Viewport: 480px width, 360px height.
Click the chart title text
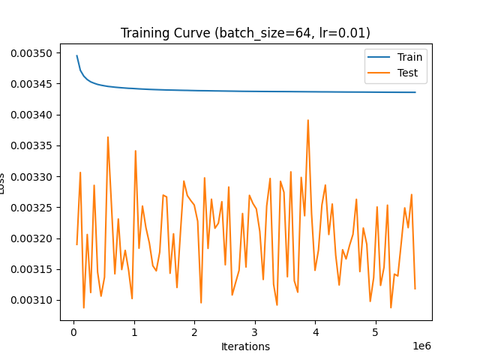pyautogui.click(x=245, y=33)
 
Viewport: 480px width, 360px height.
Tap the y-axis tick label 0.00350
pyautogui.click(x=32, y=53)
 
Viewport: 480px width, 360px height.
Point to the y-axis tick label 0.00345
pyautogui.click(x=32, y=84)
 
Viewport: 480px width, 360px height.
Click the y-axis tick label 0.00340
pyautogui.click(x=32, y=115)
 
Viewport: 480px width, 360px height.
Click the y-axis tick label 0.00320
pyautogui.click(x=32, y=238)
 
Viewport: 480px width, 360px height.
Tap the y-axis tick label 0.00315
pyautogui.click(x=32, y=269)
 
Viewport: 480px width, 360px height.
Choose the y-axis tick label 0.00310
pyautogui.click(x=32, y=300)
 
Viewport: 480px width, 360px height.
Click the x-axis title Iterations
pyautogui.click(x=245, y=346)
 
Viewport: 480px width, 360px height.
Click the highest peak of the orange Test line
pyautogui.click(x=307, y=120)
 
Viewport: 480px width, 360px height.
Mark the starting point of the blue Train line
pyautogui.click(x=76, y=55)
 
